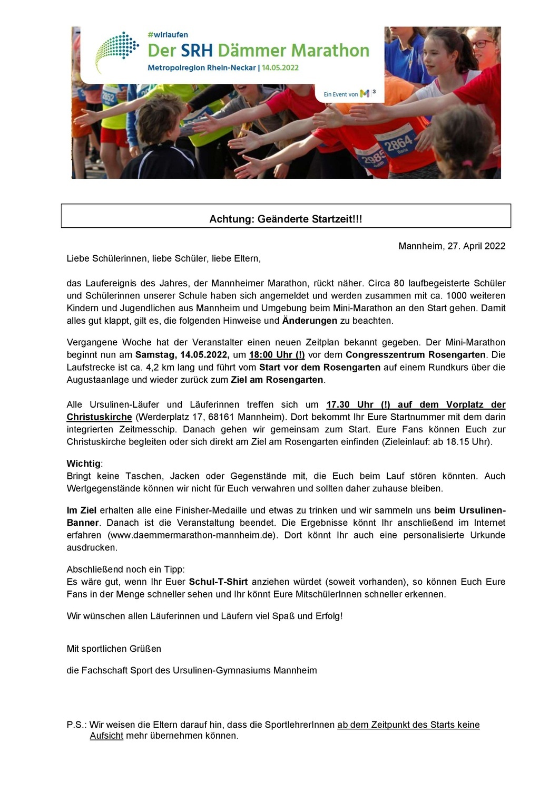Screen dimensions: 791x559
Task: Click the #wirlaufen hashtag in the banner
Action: coord(168,35)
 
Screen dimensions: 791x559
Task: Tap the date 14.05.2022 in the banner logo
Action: coord(280,67)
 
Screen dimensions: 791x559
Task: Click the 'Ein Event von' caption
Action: coord(340,94)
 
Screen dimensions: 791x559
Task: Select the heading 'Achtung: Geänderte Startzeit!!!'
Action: coord(286,219)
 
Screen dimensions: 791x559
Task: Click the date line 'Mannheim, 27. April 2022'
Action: coord(452,246)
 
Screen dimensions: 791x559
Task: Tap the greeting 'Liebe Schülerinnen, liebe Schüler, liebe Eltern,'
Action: coord(163,258)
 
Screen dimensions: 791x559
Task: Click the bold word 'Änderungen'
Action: coord(309,321)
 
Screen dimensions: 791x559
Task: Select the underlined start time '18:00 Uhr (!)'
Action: coord(277,355)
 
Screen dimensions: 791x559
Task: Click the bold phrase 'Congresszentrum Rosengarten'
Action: coord(416,355)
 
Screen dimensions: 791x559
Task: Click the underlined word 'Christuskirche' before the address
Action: coord(99,417)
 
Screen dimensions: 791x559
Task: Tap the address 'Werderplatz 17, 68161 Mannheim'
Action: coord(211,417)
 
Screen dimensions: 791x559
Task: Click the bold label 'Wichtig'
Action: coord(83,464)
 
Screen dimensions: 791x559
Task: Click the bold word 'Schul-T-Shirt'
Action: coord(218,582)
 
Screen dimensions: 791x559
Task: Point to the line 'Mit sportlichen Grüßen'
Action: coord(114,649)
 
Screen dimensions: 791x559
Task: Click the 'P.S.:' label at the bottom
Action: coord(76,725)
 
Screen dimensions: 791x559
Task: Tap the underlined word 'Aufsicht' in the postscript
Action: coord(106,736)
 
